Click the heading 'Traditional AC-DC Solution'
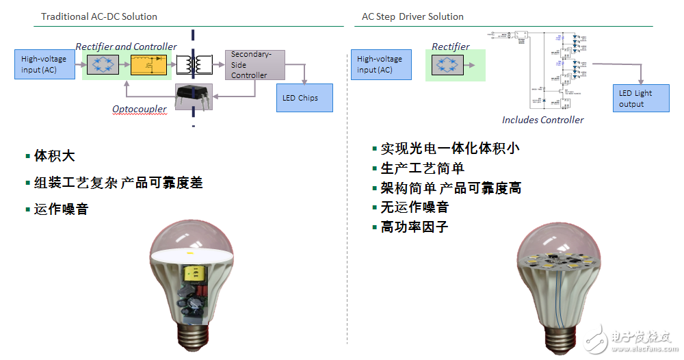99,16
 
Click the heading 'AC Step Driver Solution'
412,16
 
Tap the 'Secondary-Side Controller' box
254,64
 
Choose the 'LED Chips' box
304,98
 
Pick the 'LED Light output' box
641,99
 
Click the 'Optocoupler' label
140,109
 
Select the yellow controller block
148,64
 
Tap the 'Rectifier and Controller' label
126,47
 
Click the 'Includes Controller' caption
542,120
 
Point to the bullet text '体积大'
54,156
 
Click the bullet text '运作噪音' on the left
61,209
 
